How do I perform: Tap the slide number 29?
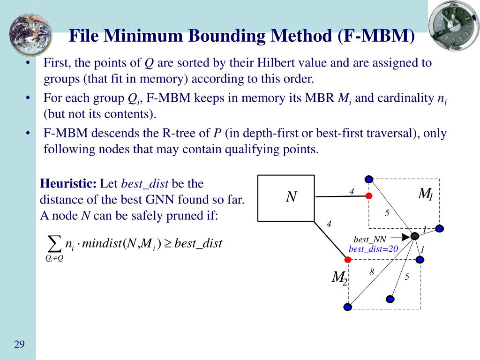[19, 345]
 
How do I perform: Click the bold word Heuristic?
[68, 183]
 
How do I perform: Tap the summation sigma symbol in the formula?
[55, 244]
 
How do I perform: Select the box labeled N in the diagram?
[286, 197]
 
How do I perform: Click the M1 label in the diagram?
[425, 194]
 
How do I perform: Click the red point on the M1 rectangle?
[369, 195]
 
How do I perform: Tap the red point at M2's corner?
[348, 259]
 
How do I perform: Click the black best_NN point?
[414, 236]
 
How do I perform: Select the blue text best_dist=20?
[373, 249]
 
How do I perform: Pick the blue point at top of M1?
[369, 179]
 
